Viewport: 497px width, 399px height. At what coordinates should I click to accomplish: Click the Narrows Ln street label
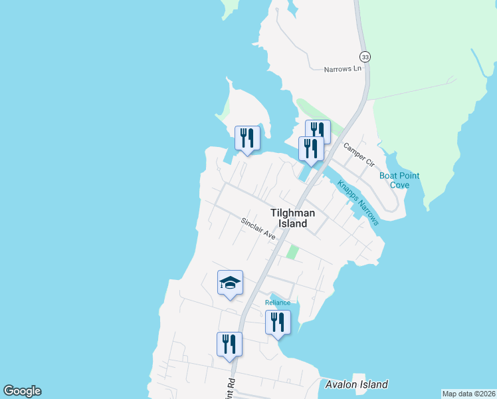342,69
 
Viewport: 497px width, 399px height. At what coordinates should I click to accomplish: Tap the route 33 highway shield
365,57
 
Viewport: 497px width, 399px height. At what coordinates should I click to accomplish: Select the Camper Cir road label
359,155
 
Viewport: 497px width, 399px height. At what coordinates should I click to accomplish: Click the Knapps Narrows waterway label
357,203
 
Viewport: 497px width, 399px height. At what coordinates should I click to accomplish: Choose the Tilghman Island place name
292,218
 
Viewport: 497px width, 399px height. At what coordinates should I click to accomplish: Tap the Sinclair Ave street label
258,228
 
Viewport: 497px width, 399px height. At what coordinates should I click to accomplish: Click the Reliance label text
278,303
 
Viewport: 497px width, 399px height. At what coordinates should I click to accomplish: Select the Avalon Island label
357,384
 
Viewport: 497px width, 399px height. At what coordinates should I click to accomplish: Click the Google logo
22,391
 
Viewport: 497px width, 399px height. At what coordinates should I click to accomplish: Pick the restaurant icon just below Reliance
278,323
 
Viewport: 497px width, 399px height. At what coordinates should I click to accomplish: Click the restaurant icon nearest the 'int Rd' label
229,344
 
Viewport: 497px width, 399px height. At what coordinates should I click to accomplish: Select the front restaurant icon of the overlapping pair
311,148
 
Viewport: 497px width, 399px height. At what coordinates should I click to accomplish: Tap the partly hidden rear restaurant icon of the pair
320,128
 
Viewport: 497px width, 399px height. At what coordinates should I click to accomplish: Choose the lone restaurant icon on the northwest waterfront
247,138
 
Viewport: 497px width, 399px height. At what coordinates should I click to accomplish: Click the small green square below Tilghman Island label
292,252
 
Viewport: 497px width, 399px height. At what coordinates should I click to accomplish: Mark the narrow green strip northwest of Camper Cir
318,114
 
